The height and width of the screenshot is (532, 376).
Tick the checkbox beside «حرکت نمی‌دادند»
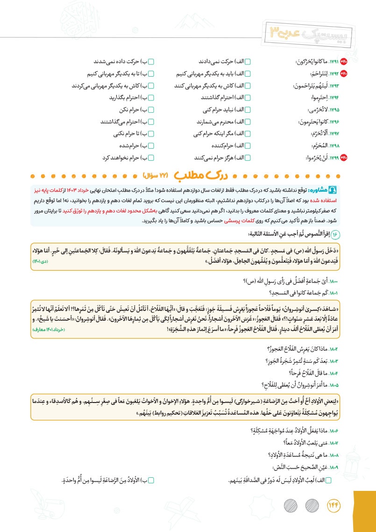[x=248, y=62]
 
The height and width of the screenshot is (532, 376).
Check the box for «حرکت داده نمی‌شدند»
[x=150, y=62]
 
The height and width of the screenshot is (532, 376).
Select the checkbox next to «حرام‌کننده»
[x=248, y=145]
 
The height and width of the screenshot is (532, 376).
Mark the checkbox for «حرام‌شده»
[x=150, y=145]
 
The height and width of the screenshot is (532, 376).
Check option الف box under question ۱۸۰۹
[x=327, y=480]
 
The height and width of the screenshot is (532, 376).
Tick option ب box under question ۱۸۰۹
[x=150, y=480]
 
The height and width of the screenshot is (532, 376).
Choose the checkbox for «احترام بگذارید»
[x=150, y=98]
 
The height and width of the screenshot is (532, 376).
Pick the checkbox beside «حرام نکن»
[x=150, y=110]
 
